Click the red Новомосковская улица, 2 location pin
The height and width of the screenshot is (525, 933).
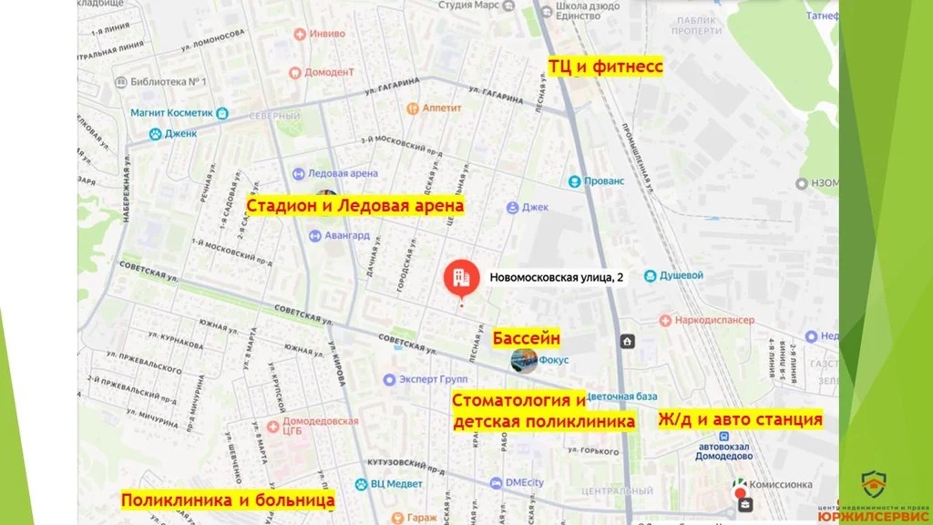(461, 277)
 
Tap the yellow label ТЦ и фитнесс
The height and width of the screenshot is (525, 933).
(604, 67)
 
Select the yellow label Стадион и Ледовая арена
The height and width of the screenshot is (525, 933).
(355, 206)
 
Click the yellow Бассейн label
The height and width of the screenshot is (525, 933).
(526, 338)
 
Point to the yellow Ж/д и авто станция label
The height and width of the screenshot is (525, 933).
(740, 419)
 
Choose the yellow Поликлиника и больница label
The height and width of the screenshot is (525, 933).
(228, 499)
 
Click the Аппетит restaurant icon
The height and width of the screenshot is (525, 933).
(413, 108)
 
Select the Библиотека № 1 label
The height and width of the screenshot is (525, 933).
(169, 82)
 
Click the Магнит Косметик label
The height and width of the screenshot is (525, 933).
(171, 113)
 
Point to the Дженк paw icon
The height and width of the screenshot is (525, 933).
(156, 134)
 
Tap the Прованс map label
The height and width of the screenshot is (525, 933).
(605, 180)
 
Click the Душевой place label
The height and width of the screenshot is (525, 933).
(681, 275)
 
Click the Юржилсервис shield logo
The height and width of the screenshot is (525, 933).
(874, 483)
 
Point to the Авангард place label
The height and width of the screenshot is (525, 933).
(346, 234)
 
